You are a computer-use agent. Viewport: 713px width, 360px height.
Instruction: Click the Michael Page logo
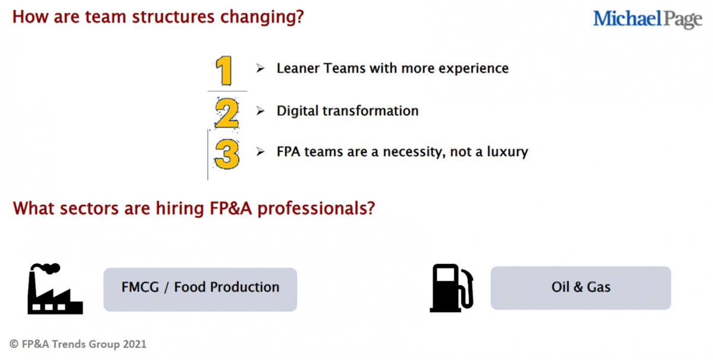tap(648, 19)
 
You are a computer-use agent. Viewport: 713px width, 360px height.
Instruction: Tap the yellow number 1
tap(225, 70)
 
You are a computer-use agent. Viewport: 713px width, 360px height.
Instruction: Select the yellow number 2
tap(226, 113)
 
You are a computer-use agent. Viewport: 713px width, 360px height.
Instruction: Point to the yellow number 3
tap(227, 154)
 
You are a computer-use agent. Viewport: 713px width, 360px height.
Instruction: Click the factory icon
tap(55, 289)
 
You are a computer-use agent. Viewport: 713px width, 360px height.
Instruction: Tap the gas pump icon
tap(452, 288)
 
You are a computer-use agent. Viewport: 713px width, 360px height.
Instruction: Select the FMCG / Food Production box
tap(200, 289)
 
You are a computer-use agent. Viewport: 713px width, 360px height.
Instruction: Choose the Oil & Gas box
tap(581, 288)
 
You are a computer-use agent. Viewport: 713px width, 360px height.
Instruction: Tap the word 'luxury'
tap(507, 152)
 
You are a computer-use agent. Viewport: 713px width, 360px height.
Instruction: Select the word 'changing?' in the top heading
tap(262, 17)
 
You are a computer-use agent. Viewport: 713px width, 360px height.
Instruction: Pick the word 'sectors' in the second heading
tap(90, 209)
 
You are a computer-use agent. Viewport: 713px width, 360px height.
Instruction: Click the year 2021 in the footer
tap(135, 344)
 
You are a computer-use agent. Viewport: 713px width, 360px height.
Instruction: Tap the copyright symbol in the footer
tap(14, 344)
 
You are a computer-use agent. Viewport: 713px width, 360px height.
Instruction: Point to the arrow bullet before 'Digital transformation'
tap(260, 111)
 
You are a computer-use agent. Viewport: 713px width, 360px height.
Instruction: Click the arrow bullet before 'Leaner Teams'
tap(260, 68)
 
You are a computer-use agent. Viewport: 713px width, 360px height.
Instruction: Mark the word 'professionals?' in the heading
tap(316, 209)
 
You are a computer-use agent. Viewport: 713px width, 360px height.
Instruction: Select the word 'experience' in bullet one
tap(474, 69)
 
